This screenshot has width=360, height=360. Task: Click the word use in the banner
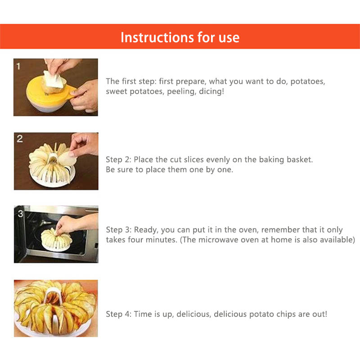point(227,37)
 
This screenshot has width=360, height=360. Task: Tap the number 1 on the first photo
point(18,66)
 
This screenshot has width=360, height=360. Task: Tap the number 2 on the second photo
point(19,139)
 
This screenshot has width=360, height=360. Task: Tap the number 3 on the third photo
point(20,213)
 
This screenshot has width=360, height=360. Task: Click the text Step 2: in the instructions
point(119,160)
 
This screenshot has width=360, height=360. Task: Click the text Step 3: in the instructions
point(119,229)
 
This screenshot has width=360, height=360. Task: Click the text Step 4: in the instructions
point(119,314)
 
